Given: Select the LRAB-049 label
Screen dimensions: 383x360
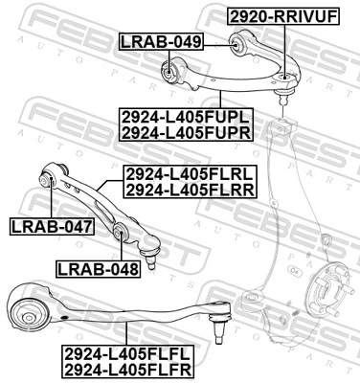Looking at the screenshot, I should (160, 41).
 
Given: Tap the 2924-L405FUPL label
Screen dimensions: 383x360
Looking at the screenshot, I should (186, 116).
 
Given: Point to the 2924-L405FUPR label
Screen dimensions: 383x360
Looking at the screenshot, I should (186, 132).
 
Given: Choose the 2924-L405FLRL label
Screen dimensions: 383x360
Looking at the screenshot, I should (189, 175).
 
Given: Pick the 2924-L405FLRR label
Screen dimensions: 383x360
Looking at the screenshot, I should (189, 191).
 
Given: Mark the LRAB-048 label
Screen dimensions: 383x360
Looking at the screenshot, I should (98, 269).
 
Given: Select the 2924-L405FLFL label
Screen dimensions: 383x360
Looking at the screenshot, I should (128, 352).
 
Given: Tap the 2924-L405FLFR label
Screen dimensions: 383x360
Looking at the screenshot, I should (128, 369).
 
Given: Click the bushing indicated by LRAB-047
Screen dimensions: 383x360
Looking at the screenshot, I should (50, 178).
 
